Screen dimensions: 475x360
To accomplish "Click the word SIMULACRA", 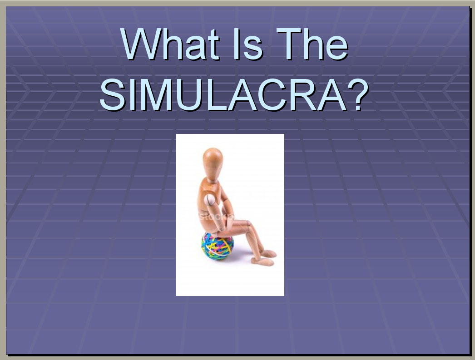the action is coord(223,95).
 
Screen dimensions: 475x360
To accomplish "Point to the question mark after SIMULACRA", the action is coord(358,94).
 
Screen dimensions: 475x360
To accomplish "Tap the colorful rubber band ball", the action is coord(218,246).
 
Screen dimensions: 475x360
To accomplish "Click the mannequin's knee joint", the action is coord(247,224).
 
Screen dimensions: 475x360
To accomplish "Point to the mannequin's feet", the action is coord(267,258).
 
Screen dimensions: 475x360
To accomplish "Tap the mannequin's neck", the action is coord(213,181).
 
